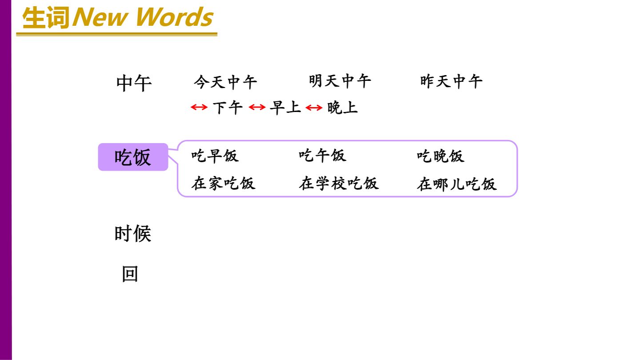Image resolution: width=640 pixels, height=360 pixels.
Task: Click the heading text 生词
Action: pyautogui.click(x=46, y=18)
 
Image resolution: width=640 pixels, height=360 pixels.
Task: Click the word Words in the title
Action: pyautogui.click(x=175, y=17)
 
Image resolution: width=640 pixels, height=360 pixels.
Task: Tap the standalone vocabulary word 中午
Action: pyautogui.click(x=134, y=83)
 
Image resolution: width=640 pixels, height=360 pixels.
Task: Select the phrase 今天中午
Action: pyautogui.click(x=225, y=82)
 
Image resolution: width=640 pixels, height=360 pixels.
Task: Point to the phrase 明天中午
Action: pyautogui.click(x=340, y=81)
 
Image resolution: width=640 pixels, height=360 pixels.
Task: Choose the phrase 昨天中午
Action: pyautogui.click(x=452, y=81)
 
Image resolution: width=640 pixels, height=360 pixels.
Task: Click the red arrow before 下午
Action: pyautogui.click(x=199, y=108)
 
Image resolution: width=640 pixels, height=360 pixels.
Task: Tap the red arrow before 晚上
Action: pyautogui.click(x=314, y=108)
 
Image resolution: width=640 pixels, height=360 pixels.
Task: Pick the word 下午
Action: pyautogui.click(x=228, y=108)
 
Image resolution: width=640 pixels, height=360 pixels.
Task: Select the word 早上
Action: pyautogui.click(x=285, y=108)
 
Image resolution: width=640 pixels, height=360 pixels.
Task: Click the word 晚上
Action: pyautogui.click(x=343, y=108)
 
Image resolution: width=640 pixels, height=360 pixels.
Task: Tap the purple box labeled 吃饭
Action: pyautogui.click(x=133, y=157)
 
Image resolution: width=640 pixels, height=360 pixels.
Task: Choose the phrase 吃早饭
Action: pyautogui.click(x=215, y=156)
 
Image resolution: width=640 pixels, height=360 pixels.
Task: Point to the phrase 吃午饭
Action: pyautogui.click(x=323, y=156)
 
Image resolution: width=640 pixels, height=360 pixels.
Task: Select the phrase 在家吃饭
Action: pyautogui.click(x=224, y=183)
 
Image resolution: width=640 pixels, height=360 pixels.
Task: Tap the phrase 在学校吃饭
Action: pyautogui.click(x=339, y=183)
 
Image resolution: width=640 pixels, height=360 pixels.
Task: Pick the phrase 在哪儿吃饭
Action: pyautogui.click(x=456, y=184)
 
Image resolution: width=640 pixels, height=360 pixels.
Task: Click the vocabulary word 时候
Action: pyautogui.click(x=133, y=234)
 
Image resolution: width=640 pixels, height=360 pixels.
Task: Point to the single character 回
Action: pyautogui.click(x=130, y=274)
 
